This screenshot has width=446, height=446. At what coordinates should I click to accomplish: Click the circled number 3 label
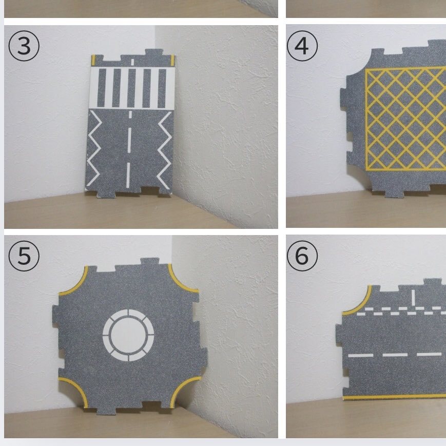(x=24, y=46)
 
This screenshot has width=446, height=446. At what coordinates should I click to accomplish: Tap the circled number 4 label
(x=302, y=46)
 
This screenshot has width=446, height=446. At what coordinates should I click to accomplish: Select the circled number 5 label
(x=24, y=256)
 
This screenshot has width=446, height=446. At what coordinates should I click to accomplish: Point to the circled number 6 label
(x=302, y=256)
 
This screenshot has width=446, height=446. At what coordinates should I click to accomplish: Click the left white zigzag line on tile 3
(x=94, y=148)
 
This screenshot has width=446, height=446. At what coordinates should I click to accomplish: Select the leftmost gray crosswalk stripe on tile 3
(x=102, y=88)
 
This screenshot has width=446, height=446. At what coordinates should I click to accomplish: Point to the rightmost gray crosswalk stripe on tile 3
(x=162, y=88)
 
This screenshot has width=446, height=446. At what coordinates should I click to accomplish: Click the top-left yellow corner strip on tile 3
(x=93, y=60)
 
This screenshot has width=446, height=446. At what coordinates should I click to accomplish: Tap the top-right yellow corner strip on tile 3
(x=172, y=60)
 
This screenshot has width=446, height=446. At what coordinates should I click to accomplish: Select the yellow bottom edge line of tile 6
(x=395, y=397)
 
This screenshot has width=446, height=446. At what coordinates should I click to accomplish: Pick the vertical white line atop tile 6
(x=413, y=298)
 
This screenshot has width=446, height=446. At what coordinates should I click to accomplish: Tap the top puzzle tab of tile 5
(x=150, y=262)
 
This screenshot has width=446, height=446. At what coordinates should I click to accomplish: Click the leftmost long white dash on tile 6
(x=361, y=355)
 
